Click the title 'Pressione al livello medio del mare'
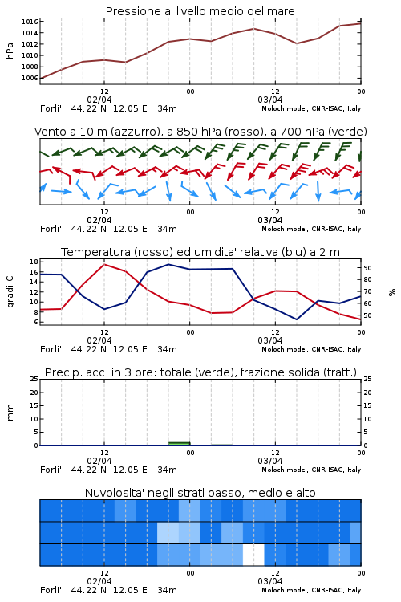coord(200,11)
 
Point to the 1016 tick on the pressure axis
coord(30,22)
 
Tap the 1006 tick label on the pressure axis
coord(30,79)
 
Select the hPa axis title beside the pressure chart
coord(10,51)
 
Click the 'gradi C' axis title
coord(10,292)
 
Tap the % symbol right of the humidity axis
coord(392,292)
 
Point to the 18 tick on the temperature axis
coord(34,262)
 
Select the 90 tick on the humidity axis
coord(367,268)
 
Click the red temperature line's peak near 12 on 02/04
coord(104,265)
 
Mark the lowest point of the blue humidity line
coord(297,319)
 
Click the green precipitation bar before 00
coord(179,444)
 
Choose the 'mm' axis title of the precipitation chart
coord(10,413)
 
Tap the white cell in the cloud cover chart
coord(253,555)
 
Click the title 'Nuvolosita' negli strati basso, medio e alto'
coord(200,493)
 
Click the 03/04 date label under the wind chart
coord(270,220)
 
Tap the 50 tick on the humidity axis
coord(367,315)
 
